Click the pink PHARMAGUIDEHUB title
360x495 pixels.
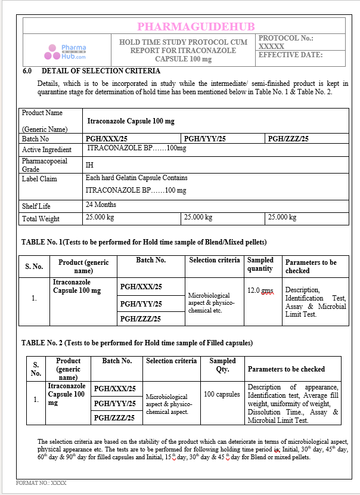tap(195, 26)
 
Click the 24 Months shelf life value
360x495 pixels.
tap(101, 205)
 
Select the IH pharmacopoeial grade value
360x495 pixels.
tap(89, 165)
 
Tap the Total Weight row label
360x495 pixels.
tap(41, 219)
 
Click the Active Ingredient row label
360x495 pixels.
tap(46, 150)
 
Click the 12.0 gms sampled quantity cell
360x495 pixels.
tap(260, 290)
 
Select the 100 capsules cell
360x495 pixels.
tap(222, 394)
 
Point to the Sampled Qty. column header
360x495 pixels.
tap(222, 364)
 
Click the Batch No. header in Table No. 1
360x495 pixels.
tap(151, 260)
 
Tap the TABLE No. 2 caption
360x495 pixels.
tap(136, 343)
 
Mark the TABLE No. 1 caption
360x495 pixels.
tap(144, 242)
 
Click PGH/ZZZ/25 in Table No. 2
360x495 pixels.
tap(114, 417)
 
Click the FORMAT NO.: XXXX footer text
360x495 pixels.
tap(41, 482)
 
